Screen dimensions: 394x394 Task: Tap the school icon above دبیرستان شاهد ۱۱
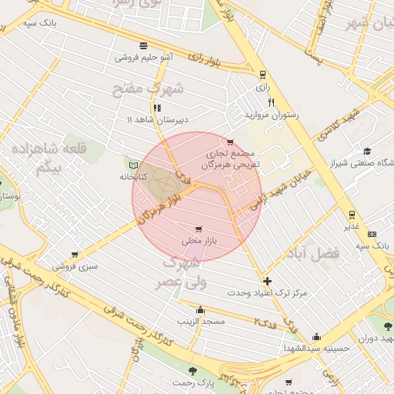point(157,109)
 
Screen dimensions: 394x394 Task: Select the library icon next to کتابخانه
point(133,165)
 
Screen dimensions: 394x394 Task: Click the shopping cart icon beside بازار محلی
point(199,229)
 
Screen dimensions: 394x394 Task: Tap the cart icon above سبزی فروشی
point(75,255)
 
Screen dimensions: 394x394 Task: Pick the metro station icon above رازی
point(263,75)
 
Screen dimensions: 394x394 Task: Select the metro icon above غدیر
point(351,214)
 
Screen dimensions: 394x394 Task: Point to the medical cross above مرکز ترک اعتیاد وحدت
point(267,281)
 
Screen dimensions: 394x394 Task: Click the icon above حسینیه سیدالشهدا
point(316,337)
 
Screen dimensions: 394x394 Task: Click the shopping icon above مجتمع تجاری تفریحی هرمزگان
point(230,142)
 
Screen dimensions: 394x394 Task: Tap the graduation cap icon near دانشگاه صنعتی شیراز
point(367,151)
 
